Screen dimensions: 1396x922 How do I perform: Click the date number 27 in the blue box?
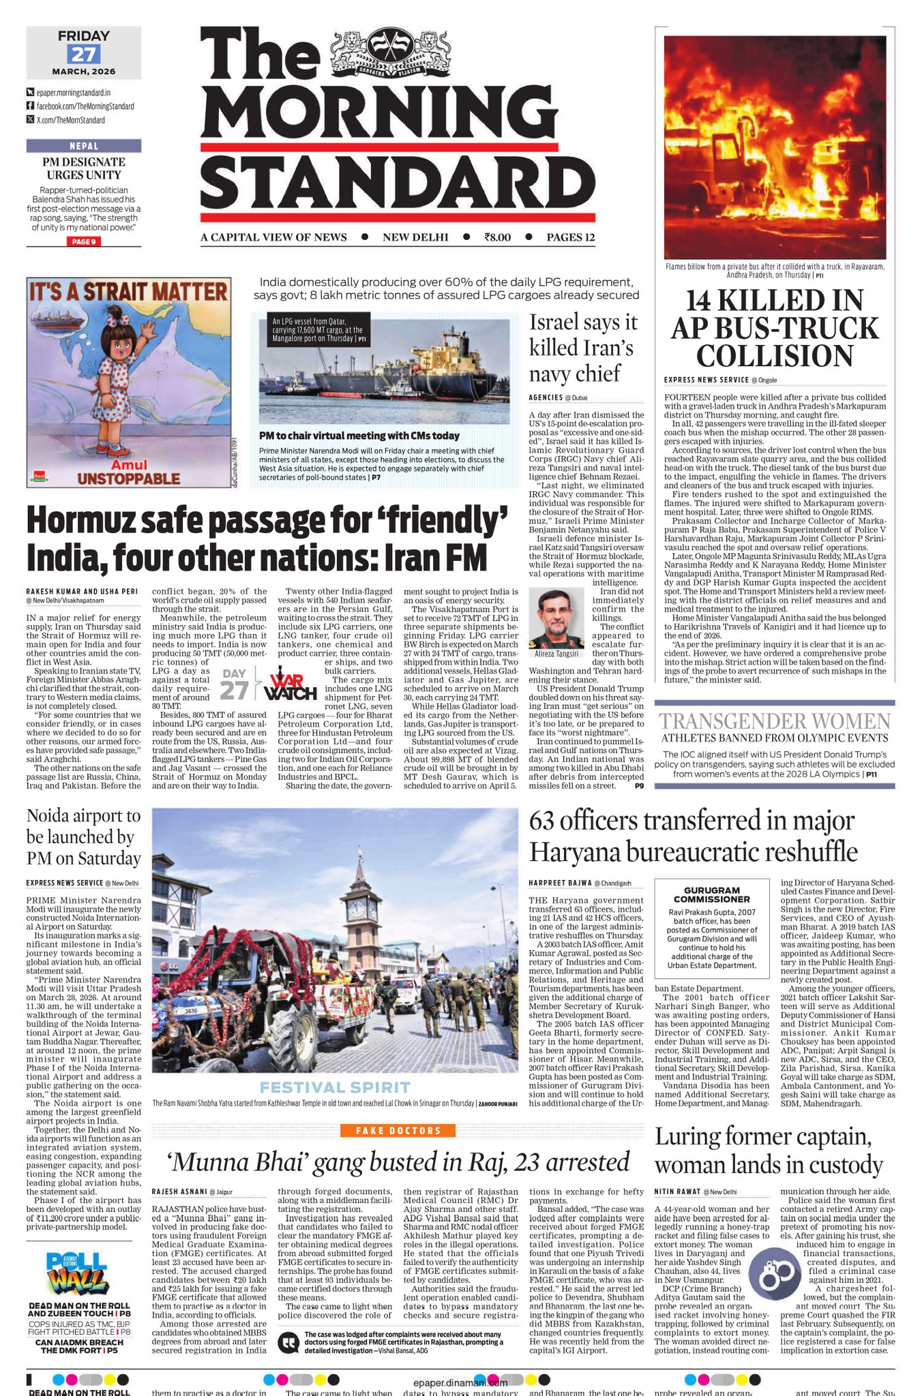click(x=83, y=54)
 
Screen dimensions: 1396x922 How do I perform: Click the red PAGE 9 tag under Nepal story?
click(x=84, y=241)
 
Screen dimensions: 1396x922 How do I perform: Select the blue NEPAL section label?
click(x=84, y=146)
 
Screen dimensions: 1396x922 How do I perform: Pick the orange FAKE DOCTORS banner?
click(x=398, y=1131)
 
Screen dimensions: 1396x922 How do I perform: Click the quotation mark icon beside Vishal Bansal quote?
click(x=289, y=1341)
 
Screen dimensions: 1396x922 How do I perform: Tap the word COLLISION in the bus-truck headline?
click(x=774, y=356)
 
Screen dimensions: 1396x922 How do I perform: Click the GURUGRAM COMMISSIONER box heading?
click(x=711, y=894)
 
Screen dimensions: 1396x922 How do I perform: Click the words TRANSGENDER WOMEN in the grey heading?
click(x=774, y=721)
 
